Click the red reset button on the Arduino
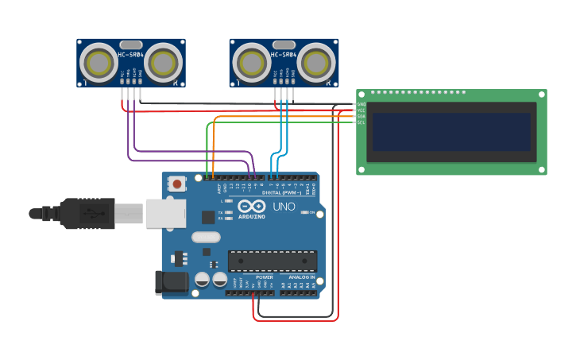(x=176, y=184)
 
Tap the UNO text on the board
(x=284, y=207)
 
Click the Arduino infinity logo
(x=252, y=206)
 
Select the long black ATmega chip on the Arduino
(x=272, y=261)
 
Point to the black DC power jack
(x=172, y=281)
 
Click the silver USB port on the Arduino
(x=166, y=213)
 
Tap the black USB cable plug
(x=87, y=213)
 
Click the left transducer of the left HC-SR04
(x=101, y=63)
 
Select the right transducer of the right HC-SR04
(x=315, y=63)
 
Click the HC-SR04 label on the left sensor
(x=131, y=55)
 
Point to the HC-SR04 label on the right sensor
(x=284, y=55)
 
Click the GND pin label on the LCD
(x=361, y=104)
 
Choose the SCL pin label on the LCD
(x=361, y=122)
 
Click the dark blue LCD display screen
(x=451, y=131)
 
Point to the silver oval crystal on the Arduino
(x=205, y=237)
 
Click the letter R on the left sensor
(x=176, y=82)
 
